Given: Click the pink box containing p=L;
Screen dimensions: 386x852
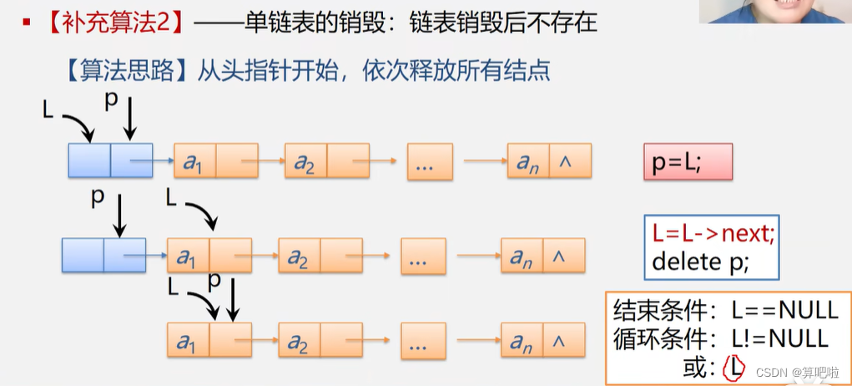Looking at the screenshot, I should point(688,161).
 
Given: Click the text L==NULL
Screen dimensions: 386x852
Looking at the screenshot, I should point(784,310).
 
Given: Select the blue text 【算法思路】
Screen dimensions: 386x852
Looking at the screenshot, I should point(125,70).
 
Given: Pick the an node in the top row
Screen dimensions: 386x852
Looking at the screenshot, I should point(528,161).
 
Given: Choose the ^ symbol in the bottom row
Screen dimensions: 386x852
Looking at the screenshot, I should point(558,341).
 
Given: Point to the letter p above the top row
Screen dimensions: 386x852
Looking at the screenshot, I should point(112,100).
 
